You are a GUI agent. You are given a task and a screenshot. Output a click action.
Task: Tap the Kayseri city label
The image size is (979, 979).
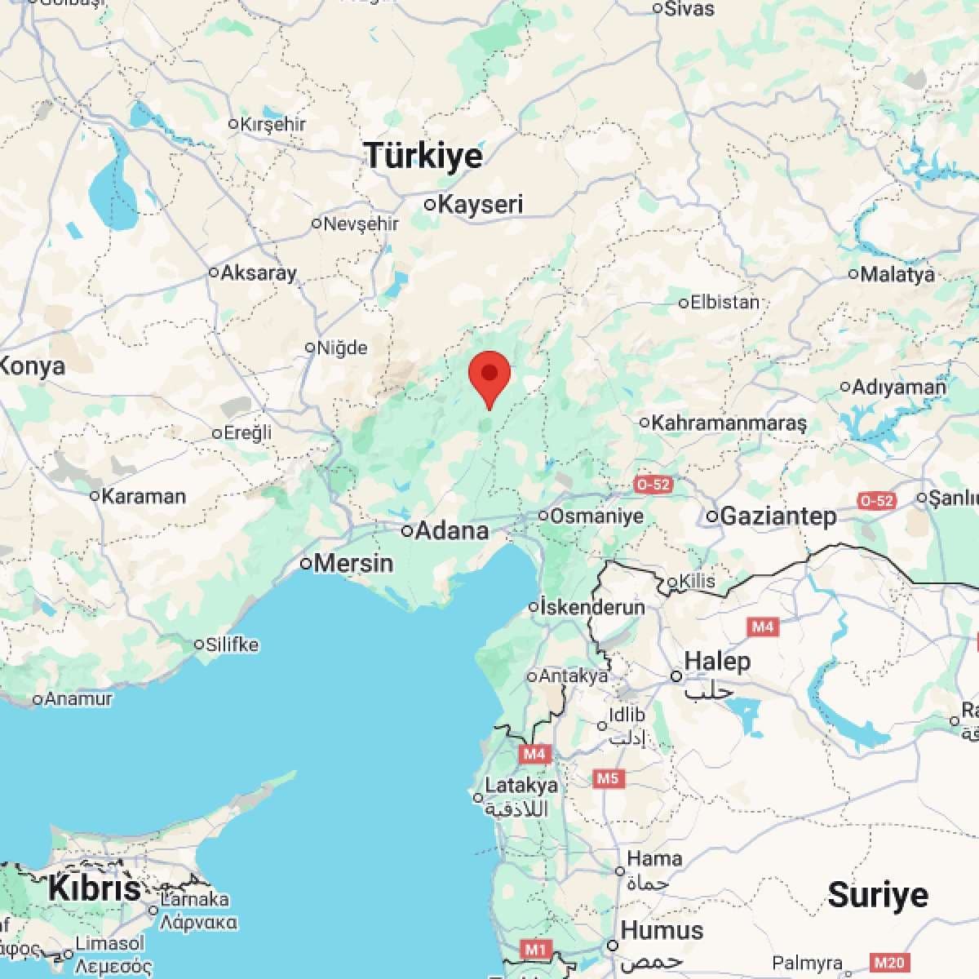point(480,204)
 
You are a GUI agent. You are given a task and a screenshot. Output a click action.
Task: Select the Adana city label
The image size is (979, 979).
point(452,531)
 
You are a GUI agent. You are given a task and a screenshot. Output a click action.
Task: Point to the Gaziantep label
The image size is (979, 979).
point(778,516)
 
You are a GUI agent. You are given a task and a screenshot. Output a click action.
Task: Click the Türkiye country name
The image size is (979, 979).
point(423,155)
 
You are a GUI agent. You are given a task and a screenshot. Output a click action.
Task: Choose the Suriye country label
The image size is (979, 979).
point(878,895)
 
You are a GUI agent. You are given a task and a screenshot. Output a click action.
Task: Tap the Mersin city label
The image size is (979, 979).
point(353,563)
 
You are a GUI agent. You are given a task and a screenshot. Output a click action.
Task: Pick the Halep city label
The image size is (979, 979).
point(717,661)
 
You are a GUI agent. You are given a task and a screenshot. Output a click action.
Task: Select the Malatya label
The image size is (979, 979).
point(897,274)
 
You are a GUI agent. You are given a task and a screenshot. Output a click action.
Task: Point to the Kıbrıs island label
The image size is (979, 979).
point(95,888)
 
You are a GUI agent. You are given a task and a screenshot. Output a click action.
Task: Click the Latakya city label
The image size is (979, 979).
point(521,786)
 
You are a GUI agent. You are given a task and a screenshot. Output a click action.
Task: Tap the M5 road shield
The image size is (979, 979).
point(608,778)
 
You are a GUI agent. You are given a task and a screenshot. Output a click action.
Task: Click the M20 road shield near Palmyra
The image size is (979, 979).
point(888,963)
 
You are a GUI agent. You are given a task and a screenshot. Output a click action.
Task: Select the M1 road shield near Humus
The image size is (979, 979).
point(535,949)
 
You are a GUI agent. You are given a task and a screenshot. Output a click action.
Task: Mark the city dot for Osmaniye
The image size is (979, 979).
point(543,516)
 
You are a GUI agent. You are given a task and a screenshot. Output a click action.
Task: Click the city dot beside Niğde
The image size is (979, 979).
point(310,348)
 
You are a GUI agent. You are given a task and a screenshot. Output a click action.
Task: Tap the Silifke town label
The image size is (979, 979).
point(233,645)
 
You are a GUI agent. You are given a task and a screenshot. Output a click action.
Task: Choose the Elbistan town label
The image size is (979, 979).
point(724,302)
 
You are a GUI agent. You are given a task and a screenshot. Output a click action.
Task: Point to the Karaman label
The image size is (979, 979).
point(144,495)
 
